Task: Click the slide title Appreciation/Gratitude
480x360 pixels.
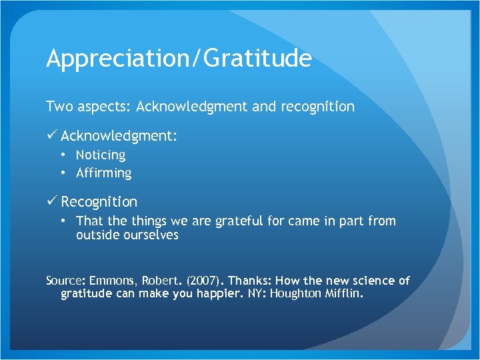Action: (179, 59)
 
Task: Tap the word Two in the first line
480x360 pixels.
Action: (57, 107)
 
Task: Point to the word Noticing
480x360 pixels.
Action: (101, 155)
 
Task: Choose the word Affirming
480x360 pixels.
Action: (104, 173)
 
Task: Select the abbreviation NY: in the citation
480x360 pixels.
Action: (254, 294)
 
